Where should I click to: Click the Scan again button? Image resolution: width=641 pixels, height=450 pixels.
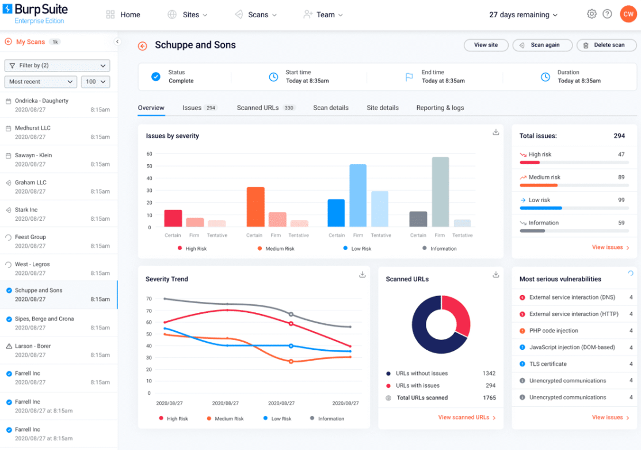(543, 45)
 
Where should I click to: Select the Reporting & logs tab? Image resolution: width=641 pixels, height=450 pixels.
(440, 108)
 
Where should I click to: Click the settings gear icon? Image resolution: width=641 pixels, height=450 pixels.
(592, 14)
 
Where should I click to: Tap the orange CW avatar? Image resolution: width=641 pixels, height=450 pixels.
(628, 14)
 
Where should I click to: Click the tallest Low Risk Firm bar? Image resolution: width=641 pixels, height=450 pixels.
(358, 195)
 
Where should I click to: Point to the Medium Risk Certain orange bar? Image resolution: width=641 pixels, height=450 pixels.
(255, 207)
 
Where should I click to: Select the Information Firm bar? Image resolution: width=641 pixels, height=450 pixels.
(440, 192)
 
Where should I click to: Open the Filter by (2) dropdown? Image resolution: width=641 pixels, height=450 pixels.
(57, 66)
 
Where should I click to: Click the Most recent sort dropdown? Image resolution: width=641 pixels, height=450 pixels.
(41, 82)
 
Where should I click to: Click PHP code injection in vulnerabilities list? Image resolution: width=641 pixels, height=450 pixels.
(554, 331)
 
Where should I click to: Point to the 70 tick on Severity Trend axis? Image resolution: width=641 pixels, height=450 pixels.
(148, 298)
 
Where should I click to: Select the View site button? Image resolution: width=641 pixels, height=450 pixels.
(486, 45)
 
